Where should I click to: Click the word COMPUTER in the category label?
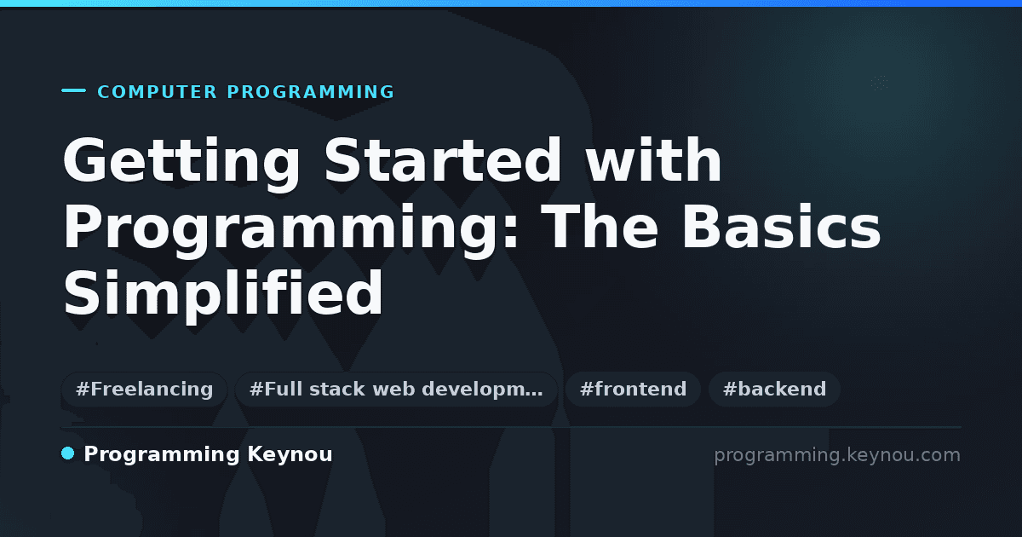click(x=157, y=92)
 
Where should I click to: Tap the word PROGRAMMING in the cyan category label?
click(x=310, y=92)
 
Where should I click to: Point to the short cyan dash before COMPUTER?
click(x=73, y=90)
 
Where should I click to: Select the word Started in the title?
click(x=443, y=160)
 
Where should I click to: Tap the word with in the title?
click(x=653, y=160)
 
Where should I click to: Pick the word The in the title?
click(x=601, y=226)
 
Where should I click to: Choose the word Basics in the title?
click(x=781, y=226)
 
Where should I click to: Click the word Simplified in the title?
click(x=223, y=296)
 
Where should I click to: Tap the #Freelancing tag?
click(x=144, y=389)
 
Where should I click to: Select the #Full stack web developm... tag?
click(x=396, y=389)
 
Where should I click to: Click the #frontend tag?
click(x=633, y=389)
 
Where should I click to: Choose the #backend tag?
click(x=774, y=389)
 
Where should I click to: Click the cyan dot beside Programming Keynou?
click(x=67, y=453)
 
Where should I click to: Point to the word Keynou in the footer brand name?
click(x=290, y=455)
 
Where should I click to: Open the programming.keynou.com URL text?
click(x=837, y=455)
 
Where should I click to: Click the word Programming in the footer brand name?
click(x=162, y=455)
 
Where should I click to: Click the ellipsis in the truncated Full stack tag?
click(x=534, y=395)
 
